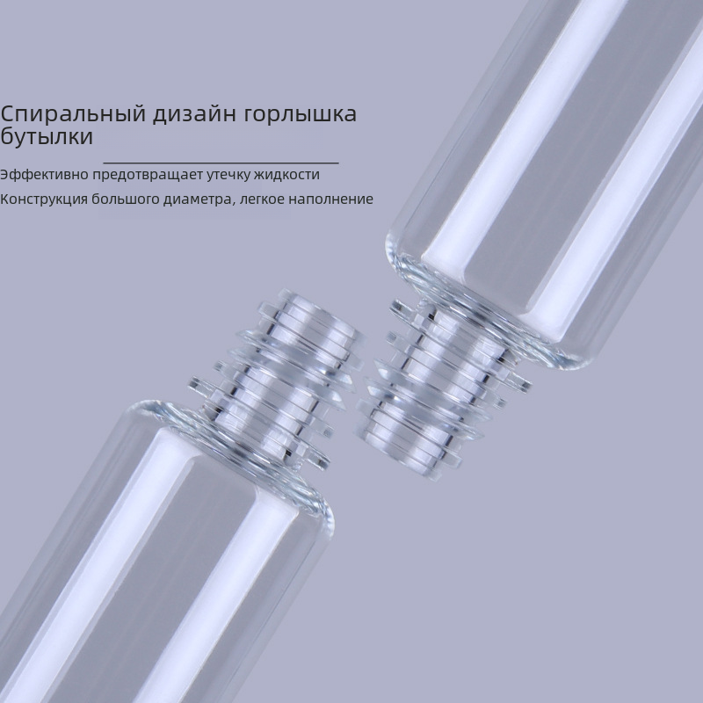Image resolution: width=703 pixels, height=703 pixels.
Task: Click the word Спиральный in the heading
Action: coord(73,114)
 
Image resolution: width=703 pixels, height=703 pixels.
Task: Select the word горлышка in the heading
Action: coord(301,115)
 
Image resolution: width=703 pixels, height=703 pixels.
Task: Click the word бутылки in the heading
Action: coord(47,136)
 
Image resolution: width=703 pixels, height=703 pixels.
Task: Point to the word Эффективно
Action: coord(44,174)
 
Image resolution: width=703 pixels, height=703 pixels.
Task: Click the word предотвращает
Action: coord(148,175)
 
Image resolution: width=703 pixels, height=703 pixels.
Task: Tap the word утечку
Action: coord(228,175)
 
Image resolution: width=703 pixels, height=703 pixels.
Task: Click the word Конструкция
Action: coord(44,199)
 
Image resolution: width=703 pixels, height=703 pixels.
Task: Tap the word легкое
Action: coord(262,199)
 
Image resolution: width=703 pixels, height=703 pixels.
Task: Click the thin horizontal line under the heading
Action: coord(221,163)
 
